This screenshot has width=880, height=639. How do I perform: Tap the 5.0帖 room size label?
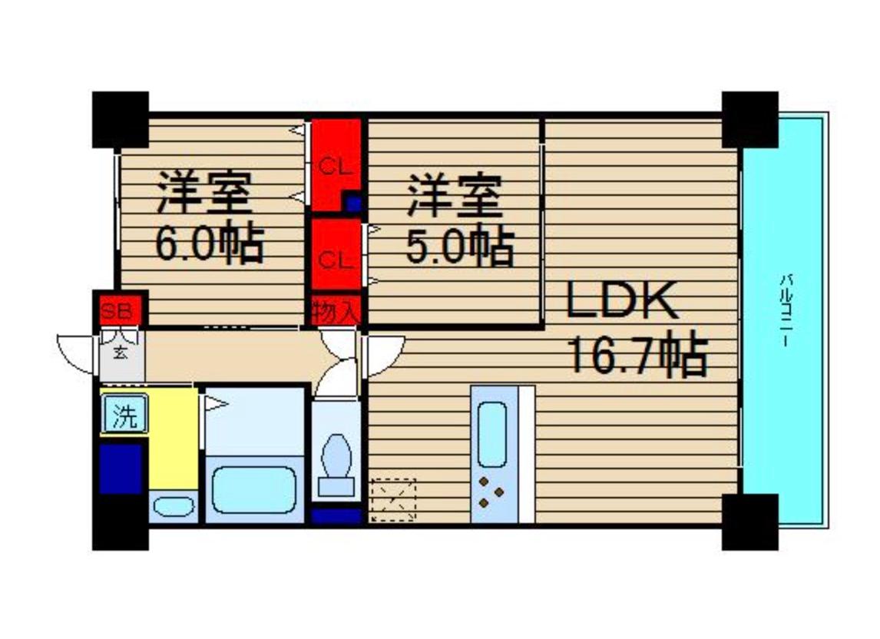[x=460, y=245]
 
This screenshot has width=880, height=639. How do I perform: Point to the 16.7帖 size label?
[x=638, y=354]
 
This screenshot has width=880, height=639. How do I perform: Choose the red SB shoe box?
[x=117, y=310]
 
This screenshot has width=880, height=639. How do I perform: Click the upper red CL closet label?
[x=336, y=167]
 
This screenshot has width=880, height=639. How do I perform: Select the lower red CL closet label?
[x=336, y=260]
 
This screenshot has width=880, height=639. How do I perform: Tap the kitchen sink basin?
[x=492, y=434]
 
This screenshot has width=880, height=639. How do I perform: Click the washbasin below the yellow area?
[x=174, y=507]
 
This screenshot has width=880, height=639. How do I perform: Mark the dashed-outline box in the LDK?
[x=393, y=500]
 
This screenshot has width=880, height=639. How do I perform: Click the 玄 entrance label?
[x=120, y=353]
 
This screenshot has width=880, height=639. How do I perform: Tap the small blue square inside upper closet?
[x=353, y=203]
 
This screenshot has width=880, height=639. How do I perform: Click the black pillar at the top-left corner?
[x=121, y=120]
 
